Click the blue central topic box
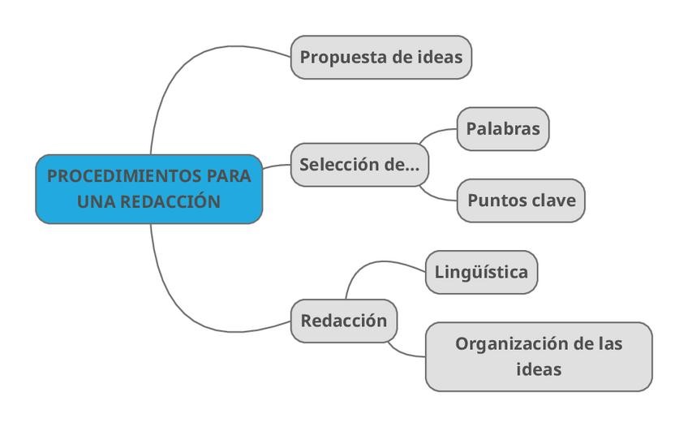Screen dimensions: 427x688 (149, 188)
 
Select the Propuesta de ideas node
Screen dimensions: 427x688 (381, 57)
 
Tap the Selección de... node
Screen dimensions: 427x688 (359, 164)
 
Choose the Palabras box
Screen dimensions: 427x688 (503, 128)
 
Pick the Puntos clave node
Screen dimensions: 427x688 (521, 201)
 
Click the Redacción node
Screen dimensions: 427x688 (344, 321)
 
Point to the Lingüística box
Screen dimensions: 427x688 (481, 272)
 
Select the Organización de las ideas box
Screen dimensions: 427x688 (539, 356)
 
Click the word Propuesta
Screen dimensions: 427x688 (339, 57)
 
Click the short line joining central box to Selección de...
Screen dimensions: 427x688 (277, 166)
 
